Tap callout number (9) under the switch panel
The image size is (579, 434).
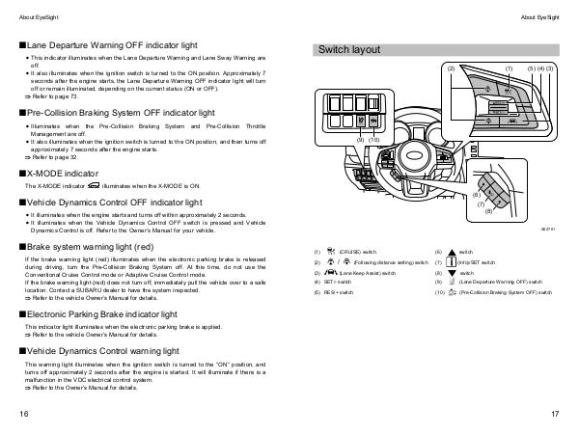coord(361,140)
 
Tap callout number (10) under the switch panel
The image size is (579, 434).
coord(373,140)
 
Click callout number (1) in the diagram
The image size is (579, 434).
coord(509,69)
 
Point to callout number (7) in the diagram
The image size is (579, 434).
coord(481,203)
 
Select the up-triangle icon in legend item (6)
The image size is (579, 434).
coord(450,252)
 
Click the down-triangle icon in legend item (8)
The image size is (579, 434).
coord(450,273)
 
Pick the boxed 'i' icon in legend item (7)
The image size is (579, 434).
coord(450,262)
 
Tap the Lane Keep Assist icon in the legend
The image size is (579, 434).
coord(332,274)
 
